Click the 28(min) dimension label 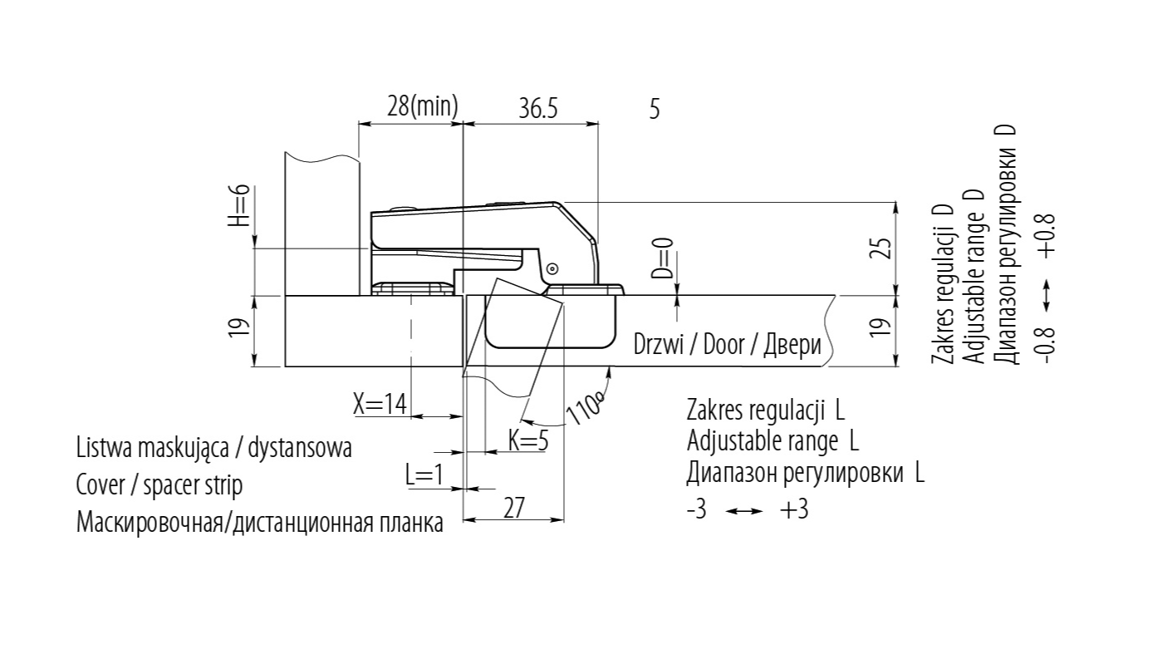(422, 106)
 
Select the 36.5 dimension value (538, 108)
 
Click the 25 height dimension (883, 248)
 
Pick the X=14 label (380, 404)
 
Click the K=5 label (528, 440)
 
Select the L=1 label (424, 475)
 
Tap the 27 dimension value (514, 508)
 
